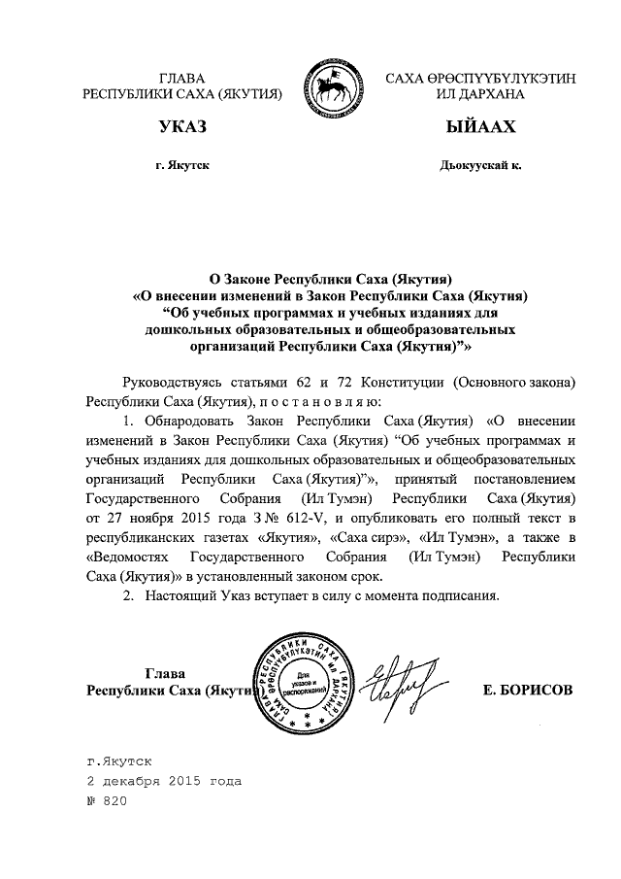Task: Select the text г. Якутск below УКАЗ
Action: pos(181,166)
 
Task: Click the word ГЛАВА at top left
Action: pos(182,79)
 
